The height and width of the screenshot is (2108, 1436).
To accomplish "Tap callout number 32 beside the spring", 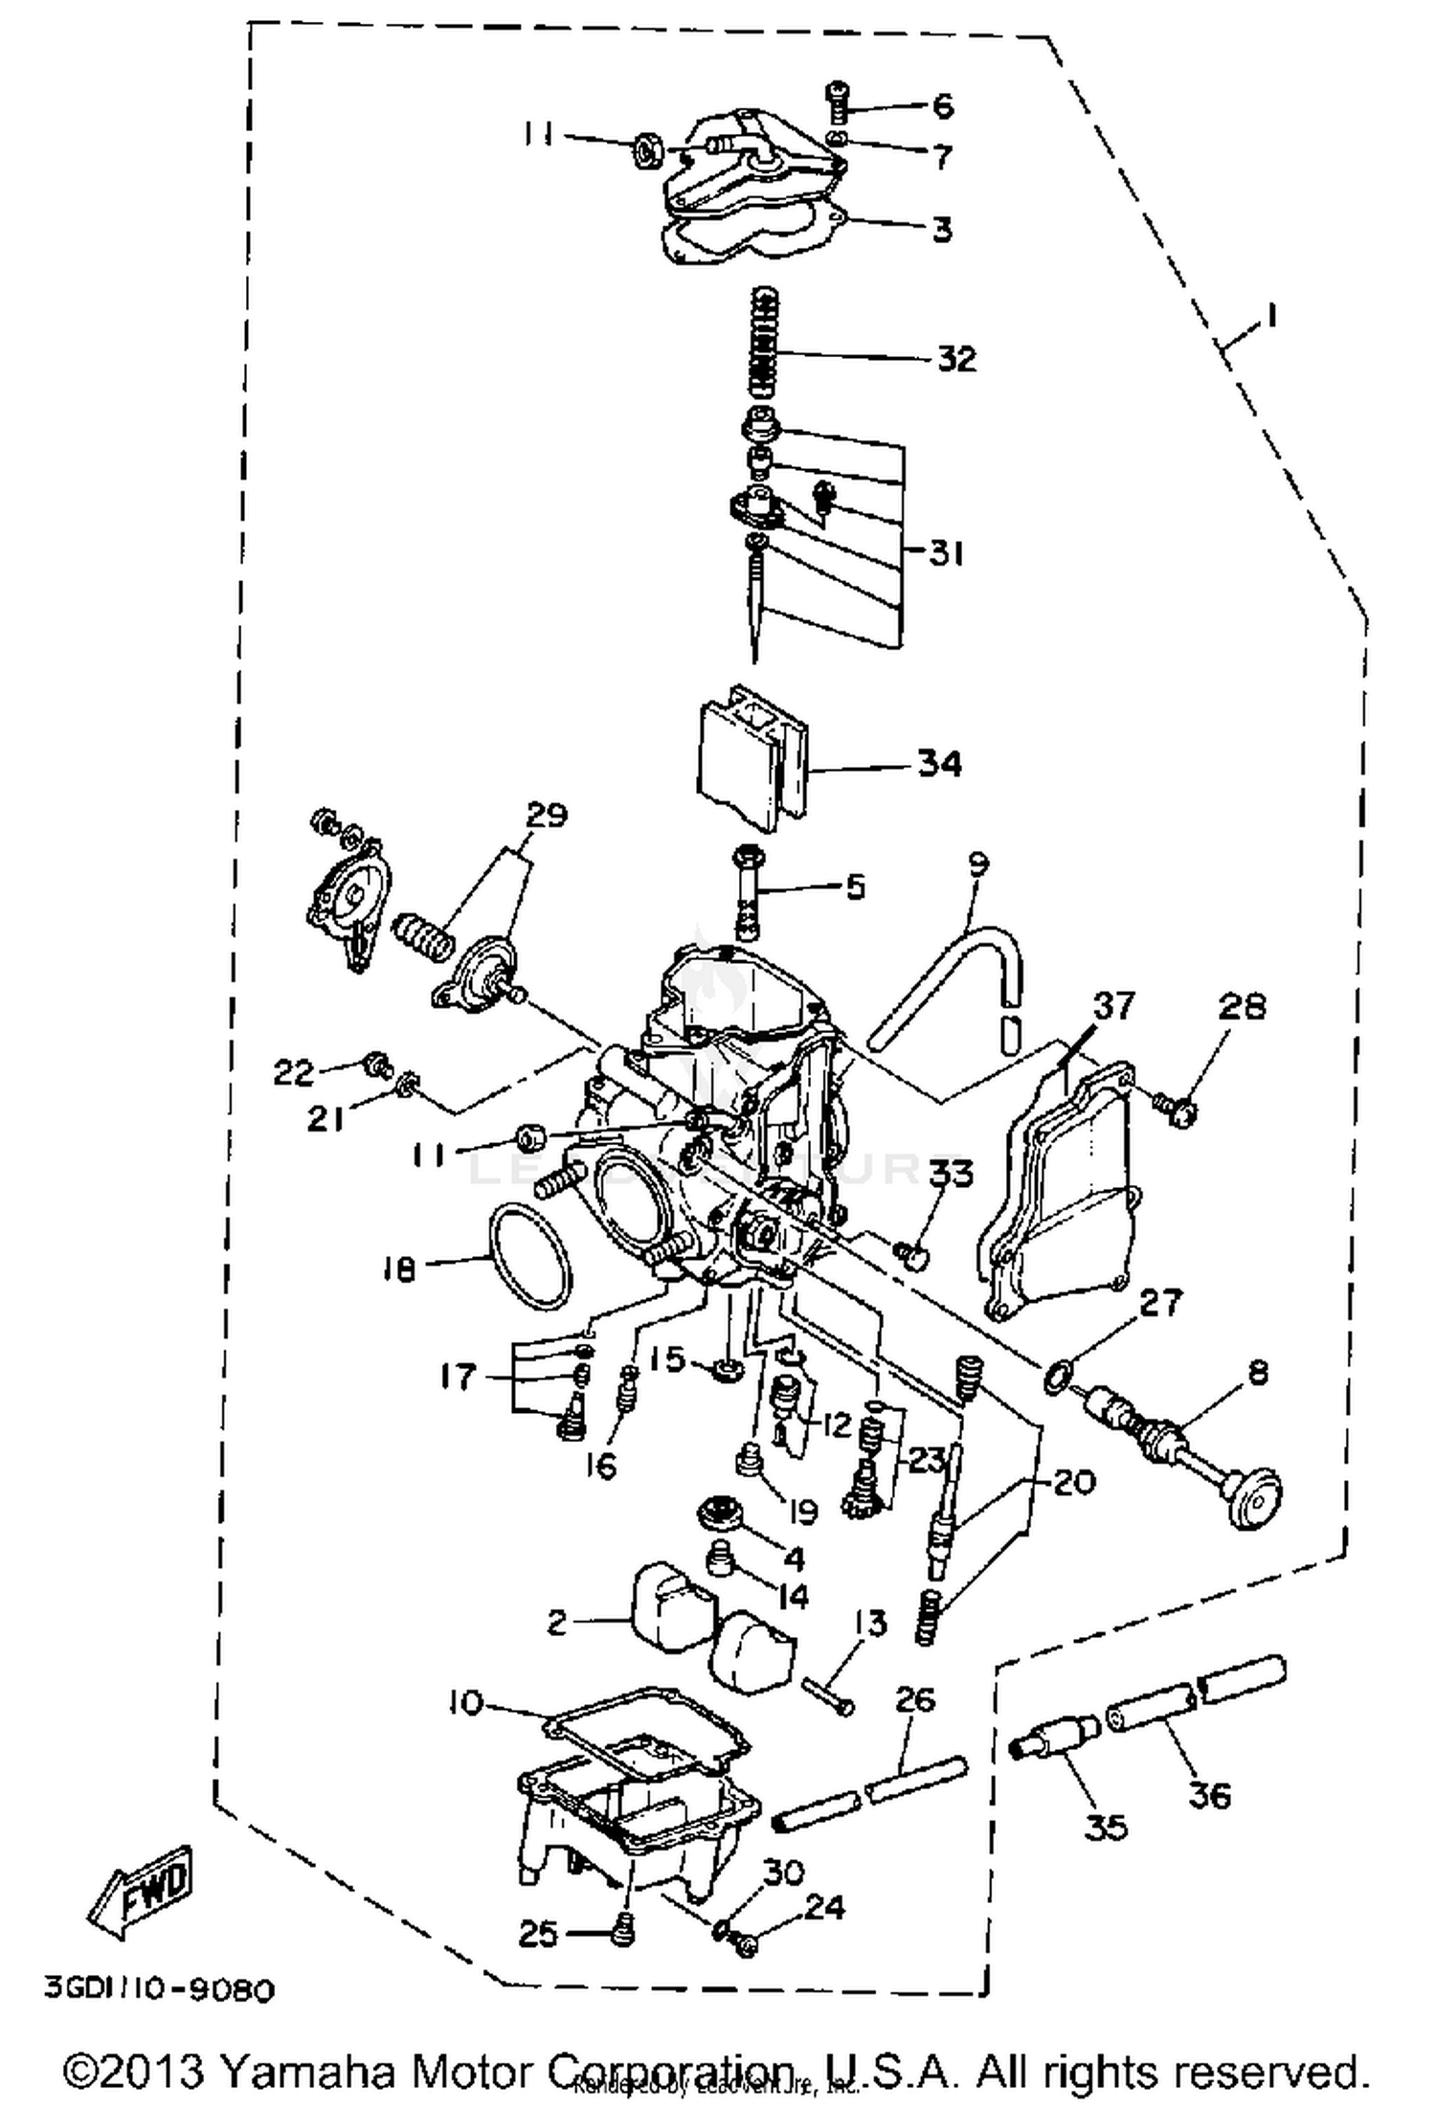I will (954, 359).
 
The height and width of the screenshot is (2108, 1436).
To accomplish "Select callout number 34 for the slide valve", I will (939, 763).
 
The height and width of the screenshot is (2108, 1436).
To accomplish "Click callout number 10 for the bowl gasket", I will (465, 1703).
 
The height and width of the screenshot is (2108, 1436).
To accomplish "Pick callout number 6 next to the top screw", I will (943, 105).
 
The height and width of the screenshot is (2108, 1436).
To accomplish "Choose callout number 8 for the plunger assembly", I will (1258, 1374).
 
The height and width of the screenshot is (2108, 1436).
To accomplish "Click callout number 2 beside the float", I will (557, 1621).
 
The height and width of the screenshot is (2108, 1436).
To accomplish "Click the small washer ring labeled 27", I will (1053, 1378).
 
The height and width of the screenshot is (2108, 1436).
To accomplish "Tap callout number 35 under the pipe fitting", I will (1107, 1827).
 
